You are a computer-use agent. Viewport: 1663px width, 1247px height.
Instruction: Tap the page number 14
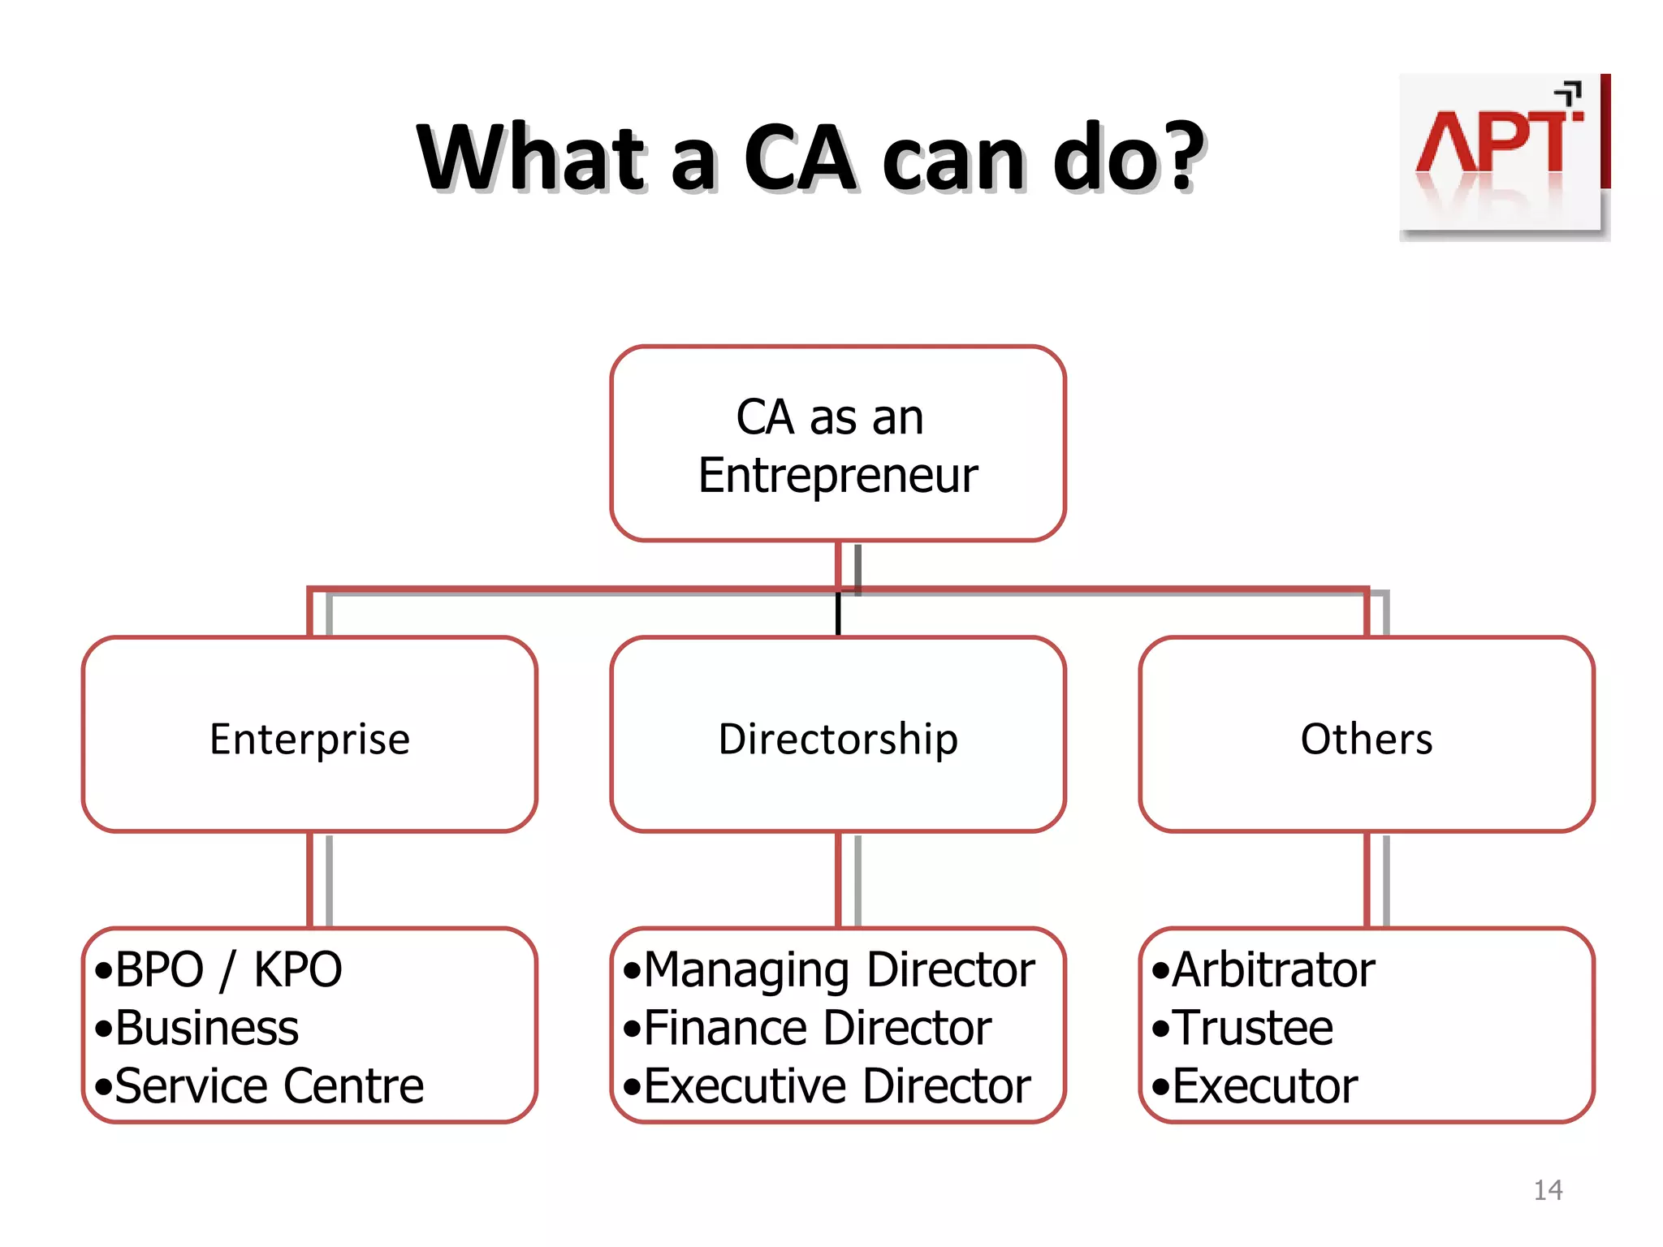click(x=1548, y=1190)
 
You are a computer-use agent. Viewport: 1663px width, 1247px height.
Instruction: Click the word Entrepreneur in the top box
click(x=838, y=475)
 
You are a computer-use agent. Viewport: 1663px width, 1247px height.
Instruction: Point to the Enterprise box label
click(x=309, y=739)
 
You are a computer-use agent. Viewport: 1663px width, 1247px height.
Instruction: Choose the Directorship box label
click(x=838, y=739)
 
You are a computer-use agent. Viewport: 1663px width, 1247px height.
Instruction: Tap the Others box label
click(x=1367, y=739)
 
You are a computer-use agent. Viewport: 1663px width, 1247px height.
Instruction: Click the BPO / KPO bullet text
click(x=228, y=969)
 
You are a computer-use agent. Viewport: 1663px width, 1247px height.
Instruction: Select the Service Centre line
click(x=269, y=1086)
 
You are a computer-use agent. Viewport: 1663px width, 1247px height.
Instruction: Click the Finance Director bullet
click(x=817, y=1028)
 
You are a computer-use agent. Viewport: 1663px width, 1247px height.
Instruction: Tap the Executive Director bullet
click(x=836, y=1086)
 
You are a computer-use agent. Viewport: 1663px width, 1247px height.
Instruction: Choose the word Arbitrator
click(x=1273, y=969)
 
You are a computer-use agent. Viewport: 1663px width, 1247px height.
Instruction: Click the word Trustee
click(x=1253, y=1028)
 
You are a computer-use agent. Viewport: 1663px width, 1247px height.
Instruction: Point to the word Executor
click(x=1265, y=1086)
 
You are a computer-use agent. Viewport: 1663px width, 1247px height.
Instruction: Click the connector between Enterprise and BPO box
click(x=310, y=880)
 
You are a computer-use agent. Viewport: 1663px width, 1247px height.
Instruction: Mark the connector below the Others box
click(x=1367, y=880)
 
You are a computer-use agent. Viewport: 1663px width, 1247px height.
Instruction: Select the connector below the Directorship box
click(x=839, y=880)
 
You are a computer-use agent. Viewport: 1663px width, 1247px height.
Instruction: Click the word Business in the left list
click(x=207, y=1028)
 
